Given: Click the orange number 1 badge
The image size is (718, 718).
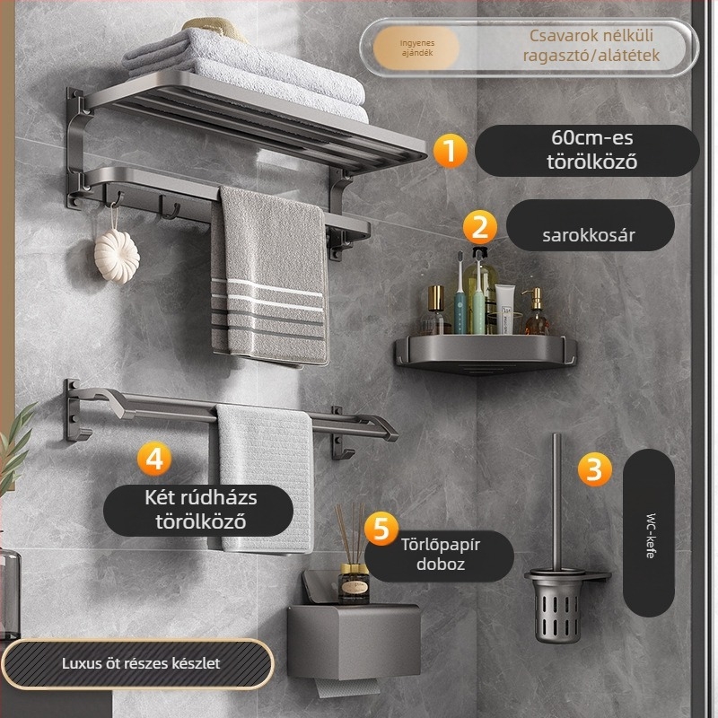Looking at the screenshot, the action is point(451,150).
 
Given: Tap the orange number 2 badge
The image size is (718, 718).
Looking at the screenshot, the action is point(480,227).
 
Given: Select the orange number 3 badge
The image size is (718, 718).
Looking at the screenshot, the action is point(594,468).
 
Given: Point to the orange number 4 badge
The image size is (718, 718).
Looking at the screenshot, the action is point(154,459).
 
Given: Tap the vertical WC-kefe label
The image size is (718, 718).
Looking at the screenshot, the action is point(648,533).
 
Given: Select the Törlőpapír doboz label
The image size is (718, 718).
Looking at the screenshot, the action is point(440,556).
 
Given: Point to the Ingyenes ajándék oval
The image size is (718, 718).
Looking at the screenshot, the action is point(416,48).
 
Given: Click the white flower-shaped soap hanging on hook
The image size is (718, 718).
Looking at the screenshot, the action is point(117,256).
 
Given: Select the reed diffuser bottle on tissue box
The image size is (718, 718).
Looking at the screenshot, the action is point(353,582).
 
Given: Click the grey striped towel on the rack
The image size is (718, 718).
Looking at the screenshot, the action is point(269,276).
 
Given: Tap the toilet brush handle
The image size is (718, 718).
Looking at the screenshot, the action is point(556,502).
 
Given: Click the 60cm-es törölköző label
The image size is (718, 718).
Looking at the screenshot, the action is point(588,150).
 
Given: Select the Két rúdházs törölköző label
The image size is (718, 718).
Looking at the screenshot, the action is point(198,510).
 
